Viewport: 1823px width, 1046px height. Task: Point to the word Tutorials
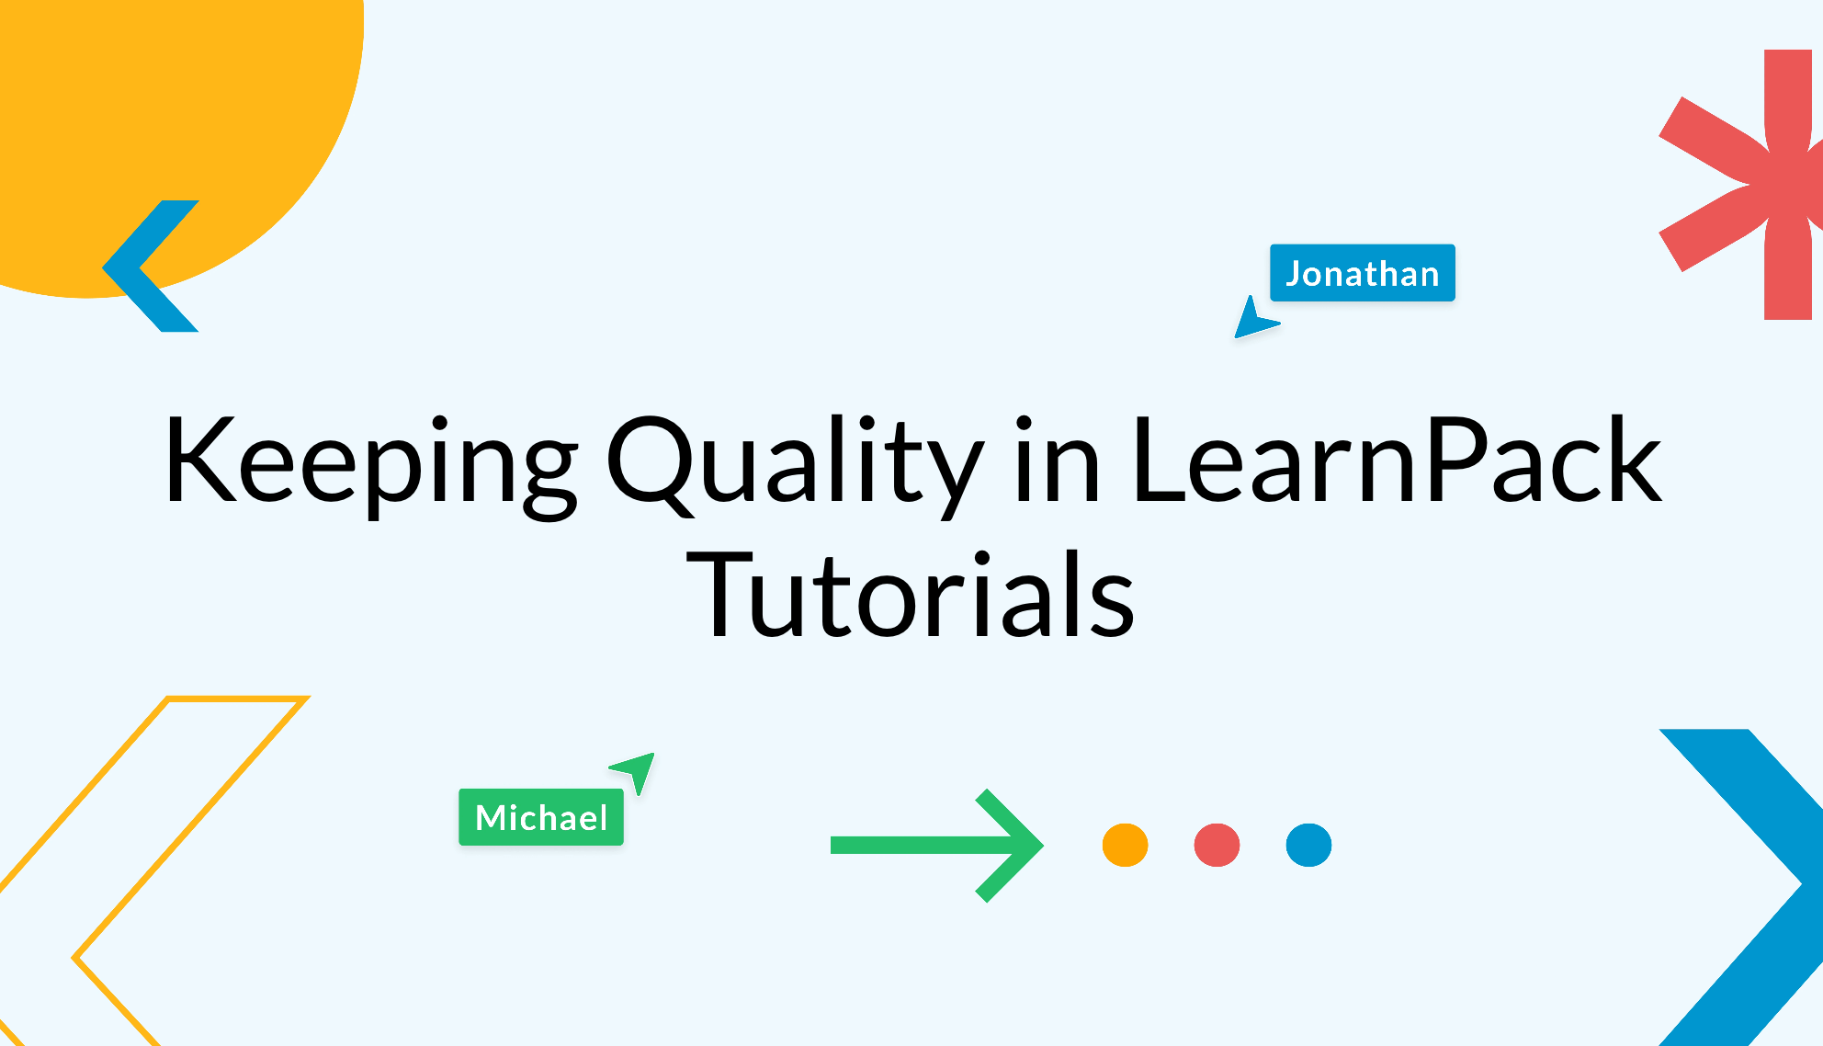point(911,595)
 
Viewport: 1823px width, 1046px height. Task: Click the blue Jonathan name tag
point(1362,273)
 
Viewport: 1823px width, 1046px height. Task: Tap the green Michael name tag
point(541,817)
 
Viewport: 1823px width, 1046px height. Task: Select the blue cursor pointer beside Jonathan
point(1252,319)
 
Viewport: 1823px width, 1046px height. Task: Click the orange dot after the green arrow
point(1125,845)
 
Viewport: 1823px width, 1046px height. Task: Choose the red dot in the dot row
point(1217,845)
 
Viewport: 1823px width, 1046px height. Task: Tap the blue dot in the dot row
point(1308,845)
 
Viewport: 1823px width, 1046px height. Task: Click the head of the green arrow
point(1011,845)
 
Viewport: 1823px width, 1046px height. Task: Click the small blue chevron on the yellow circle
point(147,267)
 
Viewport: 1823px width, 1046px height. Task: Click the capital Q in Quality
point(651,461)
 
